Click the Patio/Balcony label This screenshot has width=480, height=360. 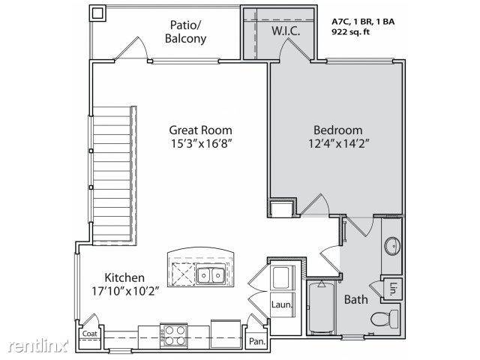(184, 31)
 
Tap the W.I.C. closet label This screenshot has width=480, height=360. (286, 31)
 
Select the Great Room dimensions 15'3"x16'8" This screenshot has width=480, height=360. (199, 143)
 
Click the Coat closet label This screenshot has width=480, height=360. (89, 334)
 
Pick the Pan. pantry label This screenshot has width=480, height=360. (256, 340)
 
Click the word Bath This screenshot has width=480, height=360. (355, 300)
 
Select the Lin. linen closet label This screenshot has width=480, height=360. (393, 287)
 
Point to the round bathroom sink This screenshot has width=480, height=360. (392, 245)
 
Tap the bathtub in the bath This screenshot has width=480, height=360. (320, 307)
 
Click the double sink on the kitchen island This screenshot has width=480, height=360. (209, 275)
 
